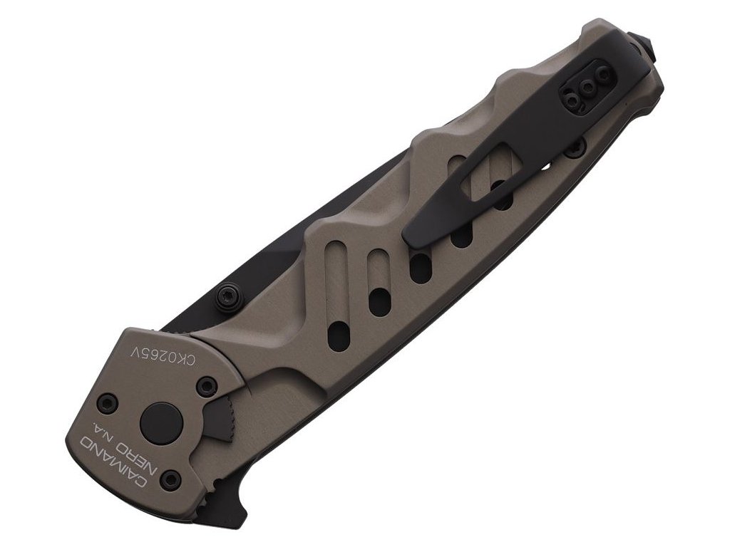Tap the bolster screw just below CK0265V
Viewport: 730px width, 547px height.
tap(206, 385)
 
